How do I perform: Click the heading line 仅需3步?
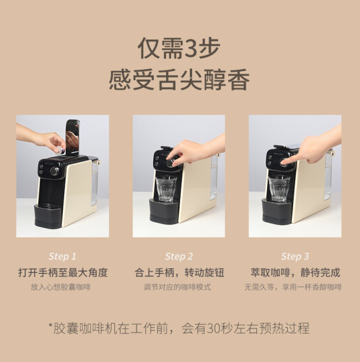point(179,48)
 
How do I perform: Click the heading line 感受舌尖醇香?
point(179,80)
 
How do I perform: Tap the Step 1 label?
point(62,256)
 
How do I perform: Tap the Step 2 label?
point(179,256)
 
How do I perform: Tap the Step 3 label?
point(295,256)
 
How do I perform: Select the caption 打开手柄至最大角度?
point(63,272)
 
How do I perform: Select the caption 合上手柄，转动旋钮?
point(179,272)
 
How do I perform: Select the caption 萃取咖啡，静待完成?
point(295,272)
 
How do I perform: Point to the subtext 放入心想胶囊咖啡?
point(60,287)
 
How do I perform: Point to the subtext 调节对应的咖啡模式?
point(177,287)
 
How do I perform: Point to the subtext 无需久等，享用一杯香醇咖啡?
point(293,287)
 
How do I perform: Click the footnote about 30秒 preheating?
point(179,328)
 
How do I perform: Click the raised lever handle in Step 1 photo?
point(72,137)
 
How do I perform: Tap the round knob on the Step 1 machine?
point(54,171)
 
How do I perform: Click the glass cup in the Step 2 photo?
point(166,189)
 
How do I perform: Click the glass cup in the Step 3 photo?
point(279,189)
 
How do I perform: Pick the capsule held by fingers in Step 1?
point(59,150)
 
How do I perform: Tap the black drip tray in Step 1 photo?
point(48,215)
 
